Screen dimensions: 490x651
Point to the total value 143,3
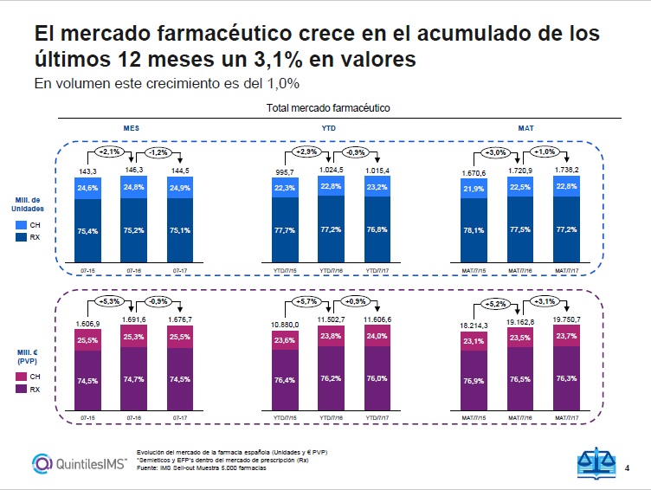pyautogui.click(x=87, y=171)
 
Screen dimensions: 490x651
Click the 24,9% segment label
pyautogui.click(x=180, y=188)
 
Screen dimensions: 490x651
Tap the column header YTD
pyautogui.click(x=330, y=126)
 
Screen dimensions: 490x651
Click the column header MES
pyautogui.click(x=132, y=126)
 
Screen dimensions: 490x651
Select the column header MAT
pyautogui.click(x=525, y=126)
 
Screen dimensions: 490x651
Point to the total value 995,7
pyautogui.click(x=284, y=171)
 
